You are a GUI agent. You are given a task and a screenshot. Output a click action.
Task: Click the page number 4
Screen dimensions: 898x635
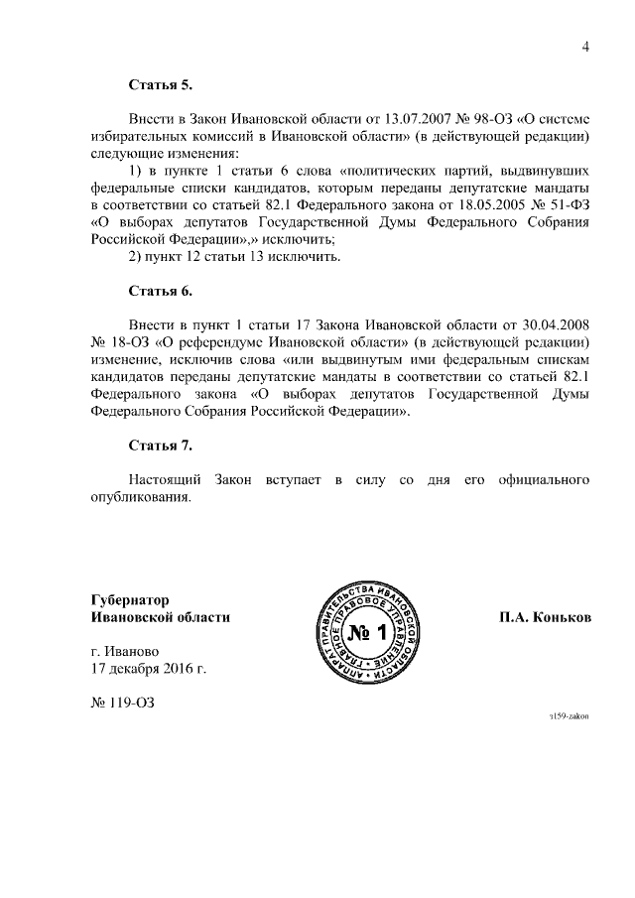(585, 45)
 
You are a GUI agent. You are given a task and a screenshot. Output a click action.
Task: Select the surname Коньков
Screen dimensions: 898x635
(563, 617)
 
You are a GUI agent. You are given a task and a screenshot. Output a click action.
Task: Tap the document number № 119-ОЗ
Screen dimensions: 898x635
(123, 704)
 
